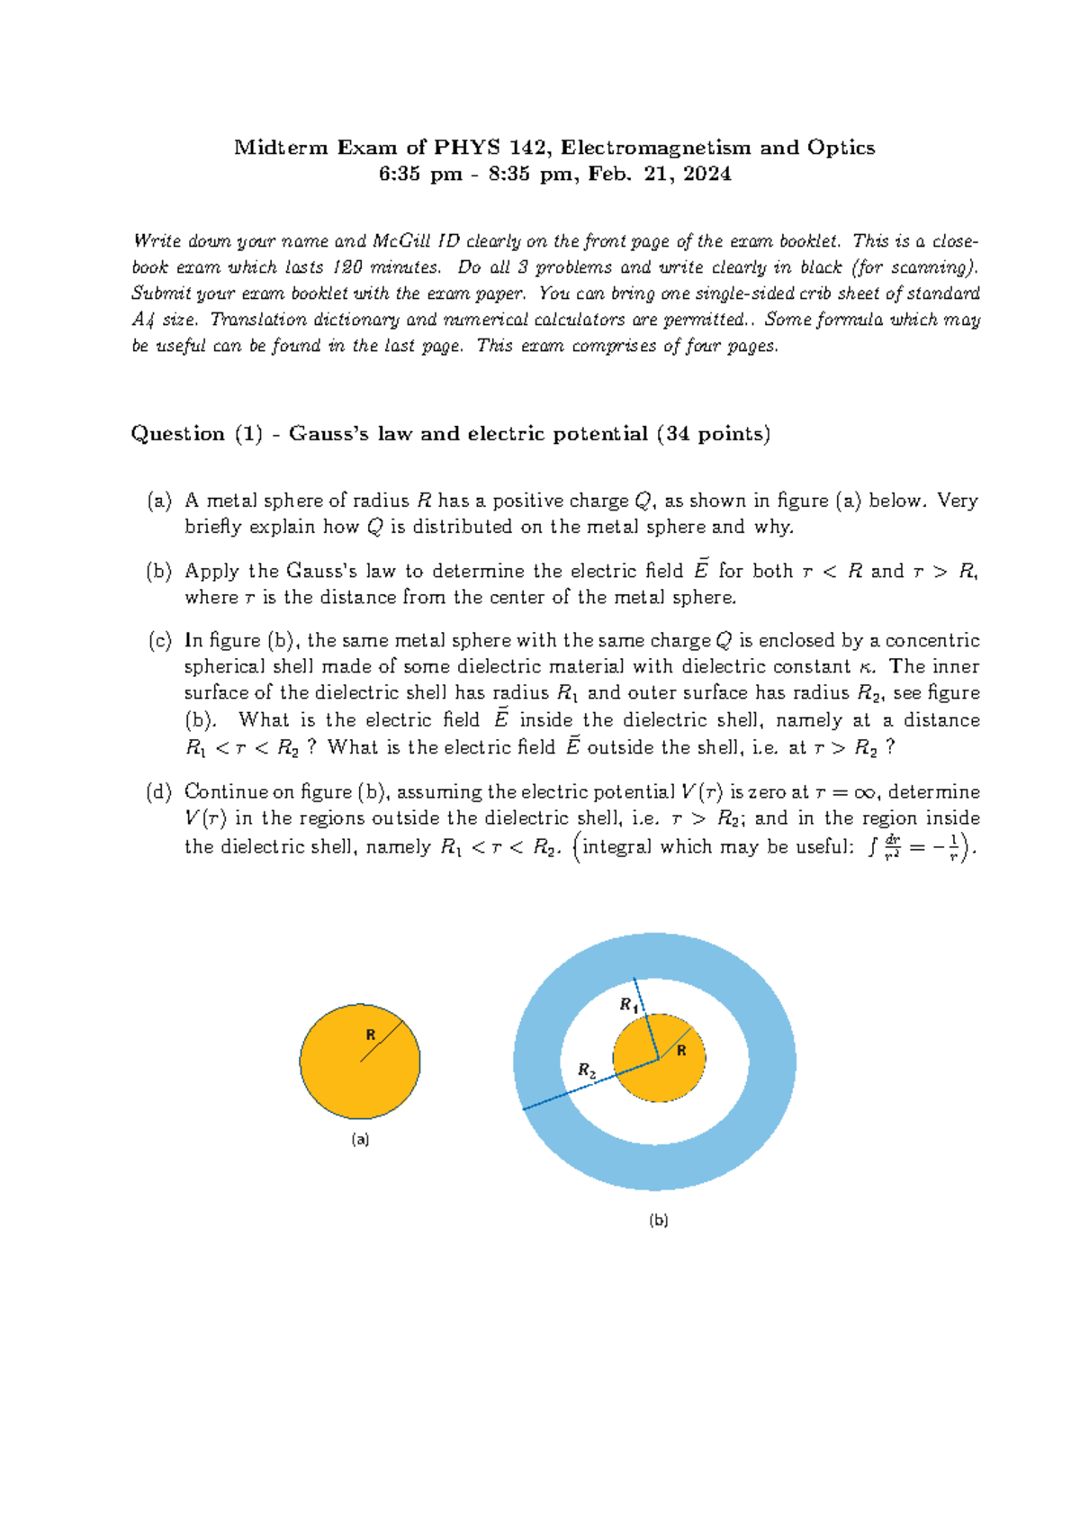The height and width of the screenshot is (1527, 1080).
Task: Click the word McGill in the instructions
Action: click(x=402, y=241)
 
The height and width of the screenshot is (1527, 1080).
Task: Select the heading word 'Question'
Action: click(x=177, y=434)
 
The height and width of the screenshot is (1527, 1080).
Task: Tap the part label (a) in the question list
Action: click(x=159, y=501)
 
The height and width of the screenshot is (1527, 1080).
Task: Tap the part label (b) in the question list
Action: click(x=159, y=571)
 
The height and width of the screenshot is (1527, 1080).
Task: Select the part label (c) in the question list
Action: click(x=159, y=641)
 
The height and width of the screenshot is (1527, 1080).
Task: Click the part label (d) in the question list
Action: click(x=159, y=792)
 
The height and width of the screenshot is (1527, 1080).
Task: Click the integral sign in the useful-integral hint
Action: click(x=871, y=848)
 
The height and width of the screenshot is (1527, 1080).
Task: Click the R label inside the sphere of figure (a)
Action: click(x=370, y=1035)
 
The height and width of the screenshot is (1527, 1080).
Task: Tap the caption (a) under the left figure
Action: click(x=360, y=1139)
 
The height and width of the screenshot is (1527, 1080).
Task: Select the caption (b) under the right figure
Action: click(x=659, y=1220)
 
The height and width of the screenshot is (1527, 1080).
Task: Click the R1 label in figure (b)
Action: click(x=628, y=1005)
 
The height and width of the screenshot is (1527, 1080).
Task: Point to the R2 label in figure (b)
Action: click(x=587, y=1071)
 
